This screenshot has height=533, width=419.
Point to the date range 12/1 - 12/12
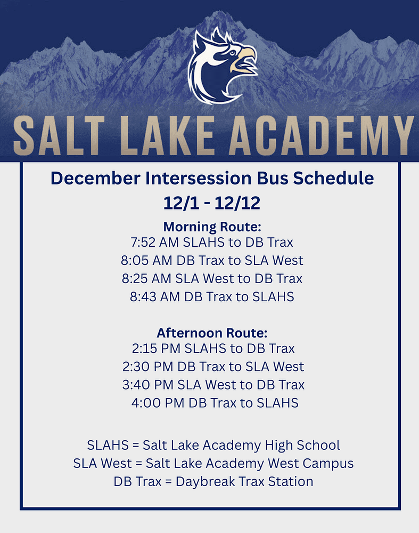pos(212,203)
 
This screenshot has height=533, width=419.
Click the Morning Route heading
pos(212,226)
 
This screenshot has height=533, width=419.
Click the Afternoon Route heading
pos(212,333)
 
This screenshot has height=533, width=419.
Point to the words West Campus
pos(312,463)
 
